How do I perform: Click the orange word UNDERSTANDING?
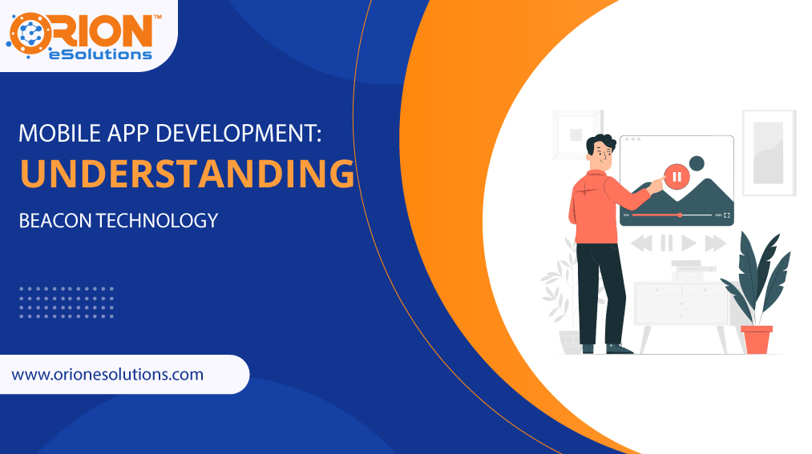[x=187, y=175]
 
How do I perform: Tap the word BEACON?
[x=55, y=220]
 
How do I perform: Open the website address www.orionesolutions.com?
[x=108, y=374]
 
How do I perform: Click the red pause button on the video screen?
[x=677, y=176]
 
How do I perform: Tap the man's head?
[x=600, y=151]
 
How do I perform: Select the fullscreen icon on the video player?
[x=727, y=215]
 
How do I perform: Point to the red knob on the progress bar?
[x=680, y=215]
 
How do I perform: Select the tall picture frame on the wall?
[x=768, y=152]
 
